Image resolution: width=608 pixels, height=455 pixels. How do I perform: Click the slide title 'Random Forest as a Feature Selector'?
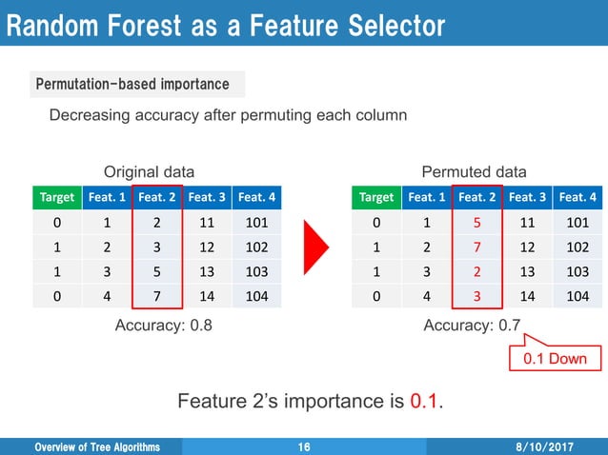pos(226,26)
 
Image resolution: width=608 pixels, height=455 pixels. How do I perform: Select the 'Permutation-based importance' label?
pos(132,85)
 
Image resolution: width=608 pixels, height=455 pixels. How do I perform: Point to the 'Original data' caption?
pos(149,172)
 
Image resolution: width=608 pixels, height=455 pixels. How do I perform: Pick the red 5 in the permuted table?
pos(475,223)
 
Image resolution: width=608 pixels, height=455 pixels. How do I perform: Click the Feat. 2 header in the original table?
pos(157,197)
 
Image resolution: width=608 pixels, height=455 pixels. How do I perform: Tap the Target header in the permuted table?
pos(375,197)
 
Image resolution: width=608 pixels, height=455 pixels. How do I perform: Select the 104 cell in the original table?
pos(256,296)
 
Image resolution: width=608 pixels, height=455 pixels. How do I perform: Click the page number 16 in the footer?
pos(304,446)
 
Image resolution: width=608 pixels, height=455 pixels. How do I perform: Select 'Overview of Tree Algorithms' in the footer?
pos(97,446)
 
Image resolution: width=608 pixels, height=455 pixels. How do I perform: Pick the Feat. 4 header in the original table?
pos(256,197)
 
